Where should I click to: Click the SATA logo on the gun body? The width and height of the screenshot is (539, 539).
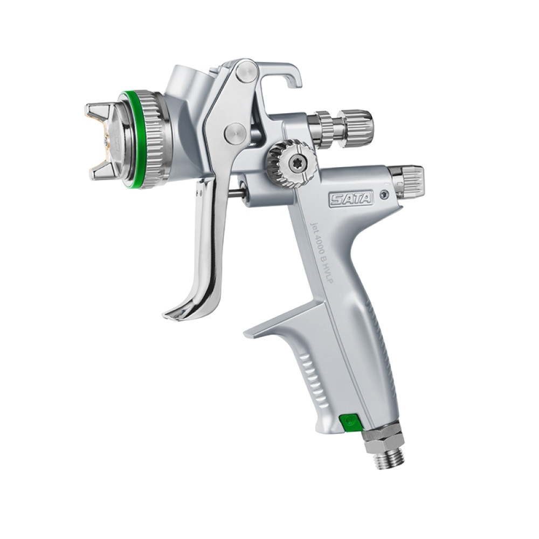point(351,199)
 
